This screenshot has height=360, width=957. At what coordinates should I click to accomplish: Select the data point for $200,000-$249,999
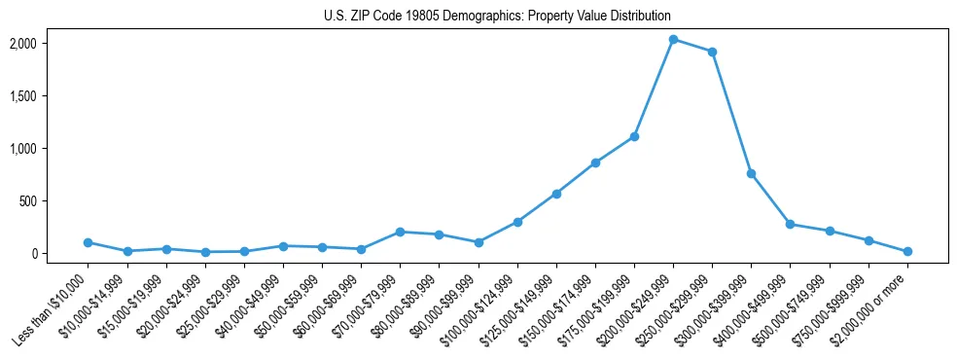point(673,40)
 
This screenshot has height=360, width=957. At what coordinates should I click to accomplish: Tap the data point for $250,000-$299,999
point(712,52)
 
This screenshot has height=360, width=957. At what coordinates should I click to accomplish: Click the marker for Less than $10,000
point(88,242)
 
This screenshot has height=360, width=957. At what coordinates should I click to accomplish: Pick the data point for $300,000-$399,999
point(751,173)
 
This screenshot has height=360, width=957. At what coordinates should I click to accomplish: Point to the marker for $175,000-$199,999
point(634,136)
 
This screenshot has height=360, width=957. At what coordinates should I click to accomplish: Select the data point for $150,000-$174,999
point(595,162)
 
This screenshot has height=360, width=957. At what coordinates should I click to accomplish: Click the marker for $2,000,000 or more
point(907,251)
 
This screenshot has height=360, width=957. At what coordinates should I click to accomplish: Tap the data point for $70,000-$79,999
point(400,232)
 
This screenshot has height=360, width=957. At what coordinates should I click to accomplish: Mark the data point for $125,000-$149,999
point(556,194)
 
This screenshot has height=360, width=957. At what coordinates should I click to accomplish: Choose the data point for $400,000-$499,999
point(790,224)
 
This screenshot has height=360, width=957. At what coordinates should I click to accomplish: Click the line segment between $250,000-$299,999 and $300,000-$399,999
point(731,113)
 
